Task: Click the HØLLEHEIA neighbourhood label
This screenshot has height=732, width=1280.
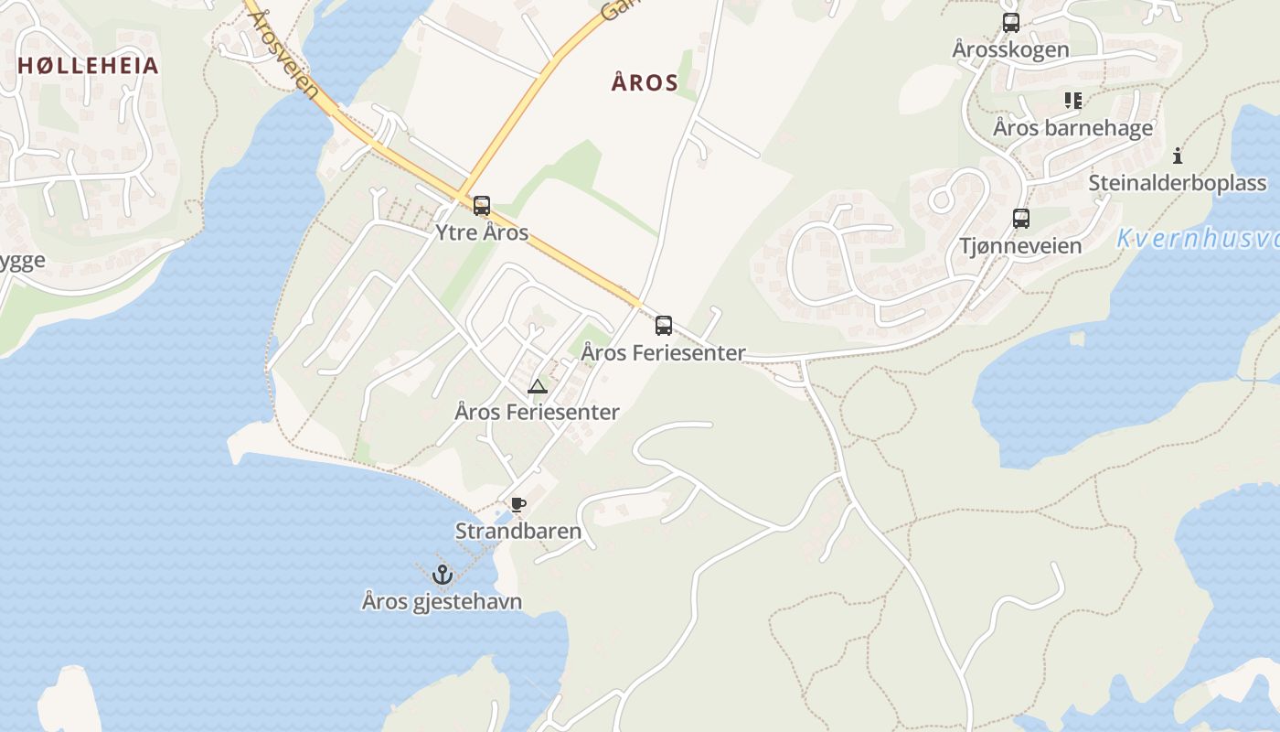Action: tap(88, 66)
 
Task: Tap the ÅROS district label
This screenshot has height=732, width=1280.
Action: tap(645, 83)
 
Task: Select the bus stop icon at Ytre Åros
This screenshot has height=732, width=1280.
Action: tap(482, 205)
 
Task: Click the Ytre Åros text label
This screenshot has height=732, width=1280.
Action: tap(482, 232)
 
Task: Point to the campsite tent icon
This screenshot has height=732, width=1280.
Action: tap(537, 386)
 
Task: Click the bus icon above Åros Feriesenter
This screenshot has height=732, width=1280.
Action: tap(664, 325)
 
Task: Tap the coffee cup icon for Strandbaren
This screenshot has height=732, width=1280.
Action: tap(518, 504)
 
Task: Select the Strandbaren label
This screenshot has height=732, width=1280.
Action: tap(518, 531)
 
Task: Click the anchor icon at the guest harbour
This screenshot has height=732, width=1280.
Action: tap(443, 575)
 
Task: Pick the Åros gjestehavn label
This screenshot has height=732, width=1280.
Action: tap(443, 601)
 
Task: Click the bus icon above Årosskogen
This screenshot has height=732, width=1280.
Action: tap(1010, 23)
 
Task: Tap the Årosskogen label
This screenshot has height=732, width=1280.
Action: tap(1010, 49)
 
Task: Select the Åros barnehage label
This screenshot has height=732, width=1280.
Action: tap(1073, 128)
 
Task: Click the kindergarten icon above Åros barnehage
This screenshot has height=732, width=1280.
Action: tap(1073, 101)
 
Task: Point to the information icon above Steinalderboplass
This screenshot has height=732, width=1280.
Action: tap(1178, 156)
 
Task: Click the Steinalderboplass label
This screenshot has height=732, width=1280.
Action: tap(1177, 183)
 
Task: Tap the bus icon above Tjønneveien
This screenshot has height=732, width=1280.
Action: tap(1021, 219)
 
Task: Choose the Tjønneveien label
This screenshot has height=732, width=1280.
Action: tap(1020, 246)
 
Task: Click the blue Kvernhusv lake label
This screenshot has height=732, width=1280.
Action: tap(1198, 240)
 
